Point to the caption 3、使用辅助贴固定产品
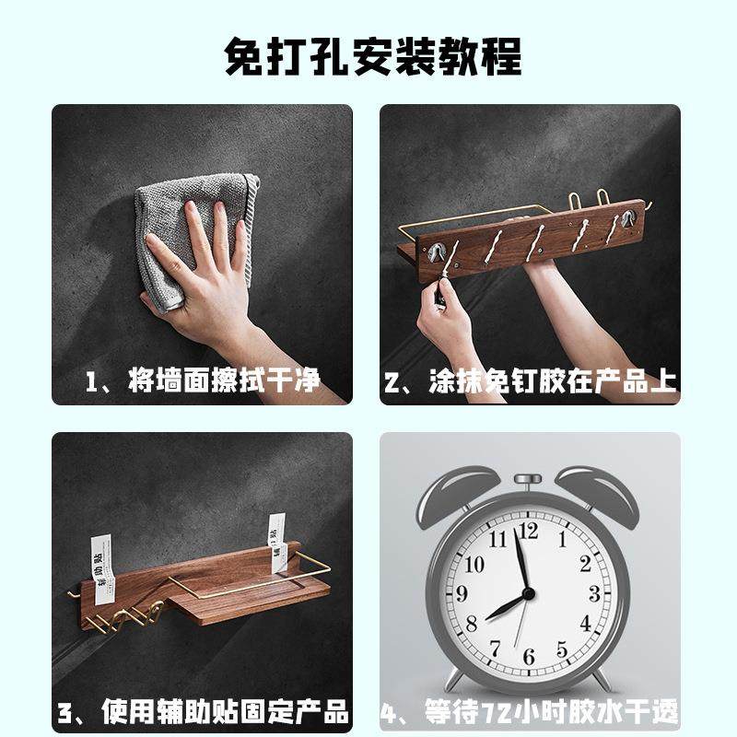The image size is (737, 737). (x=203, y=712)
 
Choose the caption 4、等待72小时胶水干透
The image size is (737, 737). (x=530, y=712)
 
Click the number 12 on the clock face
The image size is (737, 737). (x=529, y=531)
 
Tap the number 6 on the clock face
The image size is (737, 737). (x=529, y=656)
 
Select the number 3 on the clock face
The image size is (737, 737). (x=594, y=593)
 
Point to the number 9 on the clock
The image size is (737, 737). (x=462, y=593)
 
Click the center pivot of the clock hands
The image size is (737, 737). (x=528, y=593)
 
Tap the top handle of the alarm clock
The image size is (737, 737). (x=528, y=481)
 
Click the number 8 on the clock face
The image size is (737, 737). (x=472, y=626)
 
